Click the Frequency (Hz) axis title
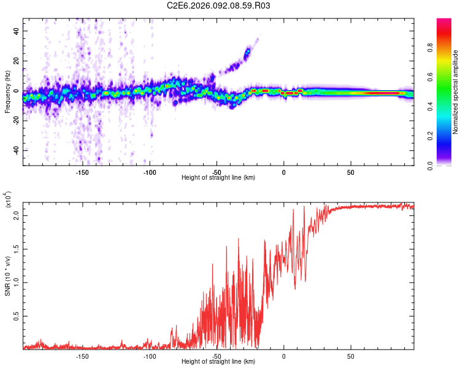(8, 92)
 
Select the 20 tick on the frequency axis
(17, 61)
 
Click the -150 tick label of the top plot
(82, 172)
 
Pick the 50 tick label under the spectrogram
(350, 172)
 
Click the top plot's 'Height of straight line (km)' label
(218, 178)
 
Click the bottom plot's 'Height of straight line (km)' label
(218, 362)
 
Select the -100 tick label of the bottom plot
(149, 356)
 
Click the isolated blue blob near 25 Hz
(247, 54)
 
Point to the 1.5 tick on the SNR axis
(17, 249)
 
